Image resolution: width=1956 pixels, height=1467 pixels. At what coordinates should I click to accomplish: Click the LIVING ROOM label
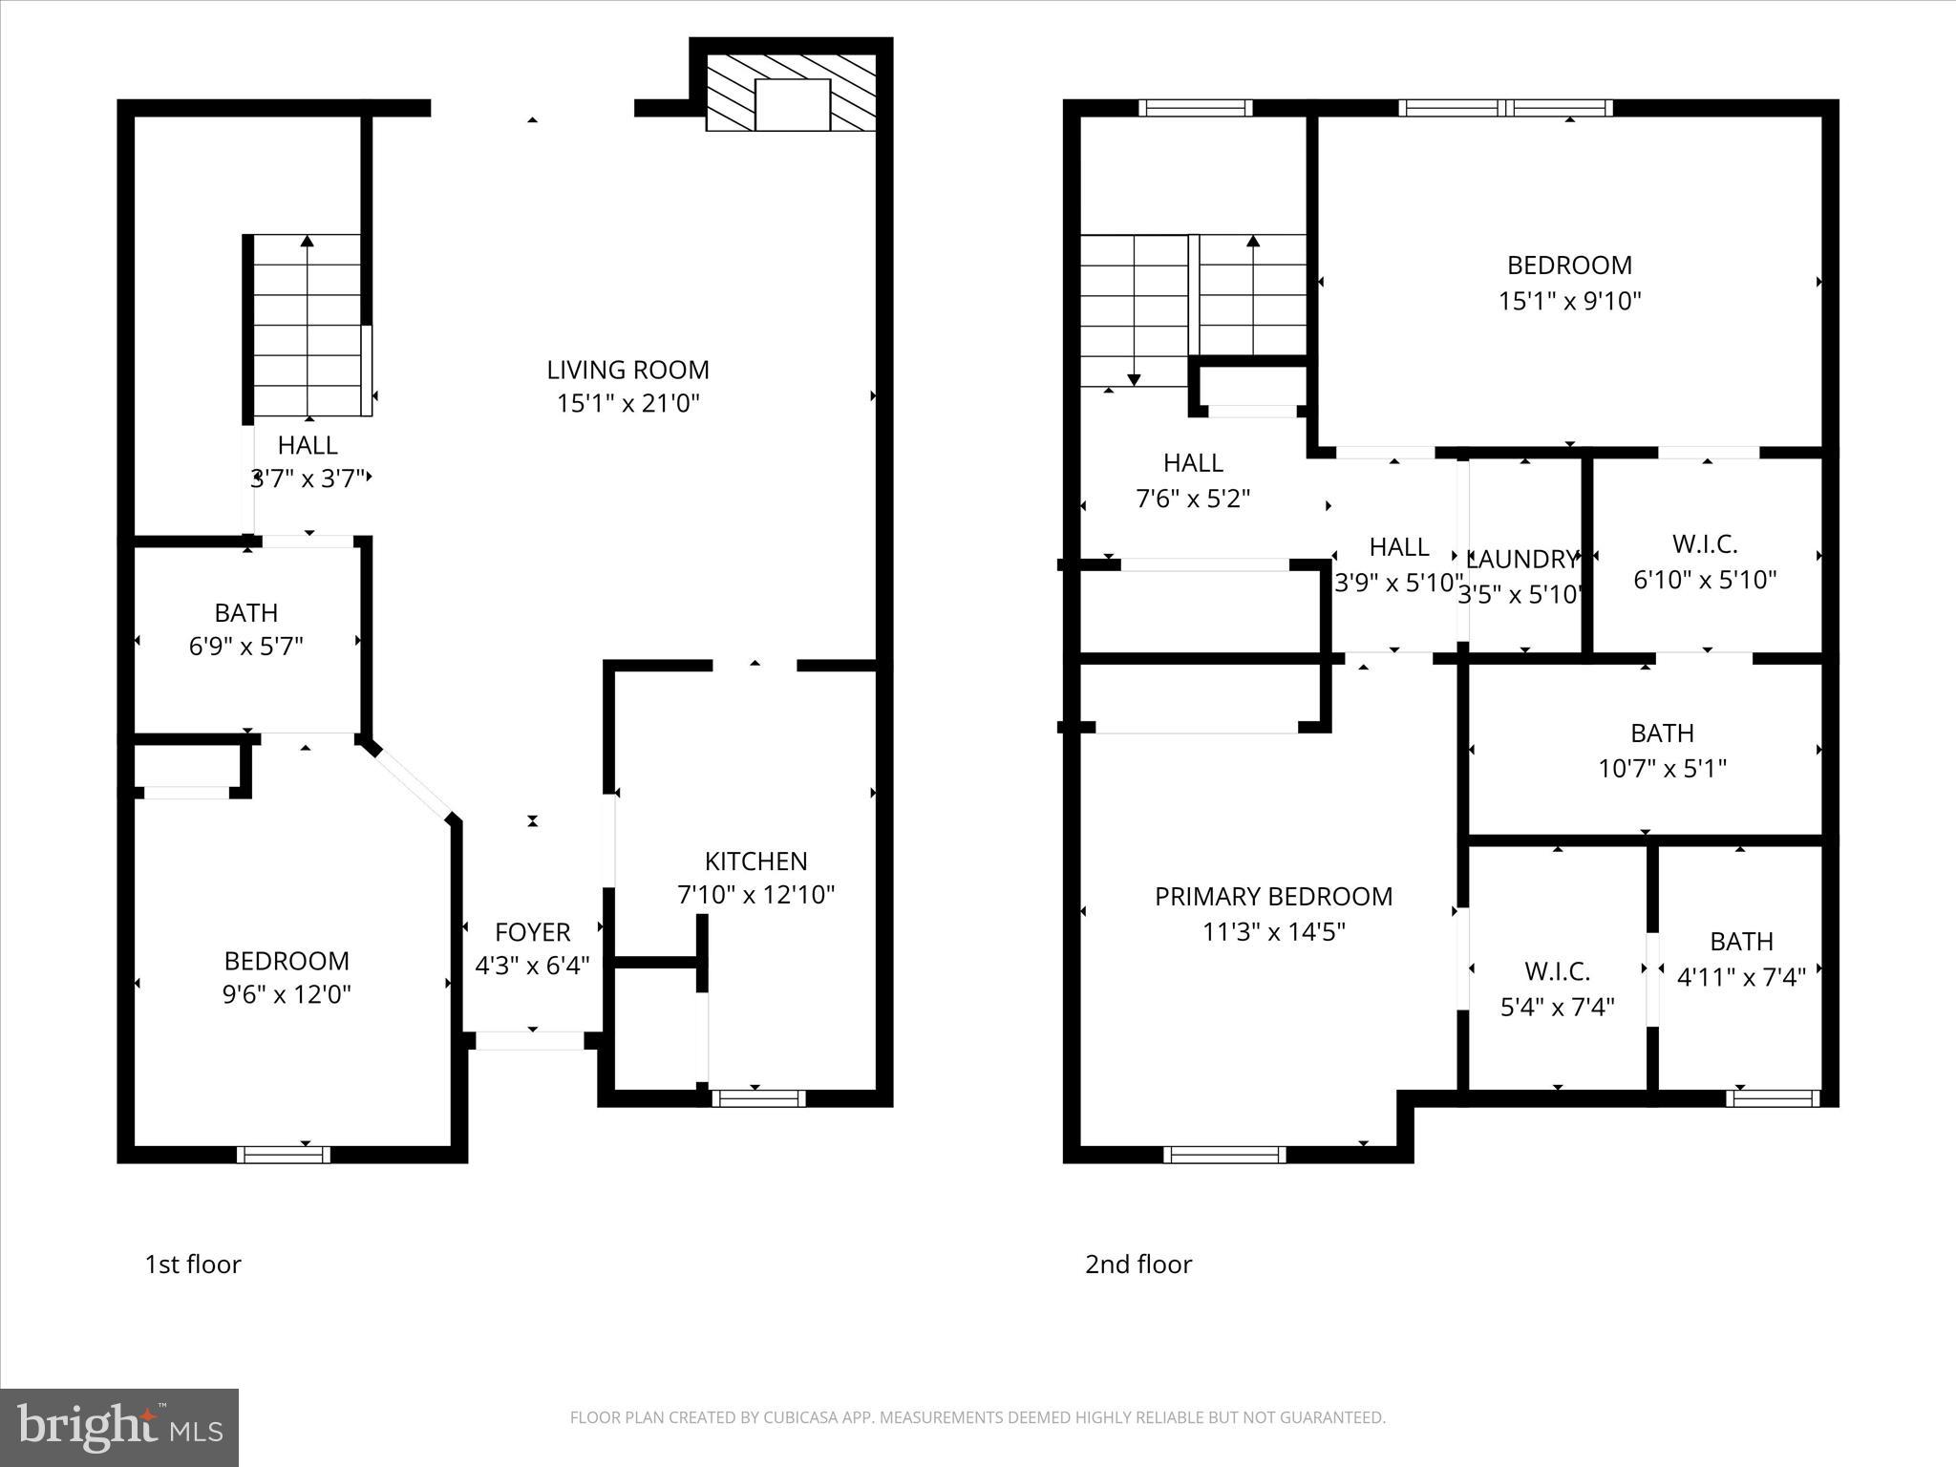(x=627, y=370)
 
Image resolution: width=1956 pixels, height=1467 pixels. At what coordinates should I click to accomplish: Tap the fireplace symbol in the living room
(x=791, y=94)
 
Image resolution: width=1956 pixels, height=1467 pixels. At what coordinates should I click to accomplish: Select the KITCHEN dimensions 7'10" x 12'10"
(x=755, y=895)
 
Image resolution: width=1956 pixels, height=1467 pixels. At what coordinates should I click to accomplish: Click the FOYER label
(x=532, y=931)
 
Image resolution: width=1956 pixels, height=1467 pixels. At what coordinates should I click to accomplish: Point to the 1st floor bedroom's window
(x=284, y=1155)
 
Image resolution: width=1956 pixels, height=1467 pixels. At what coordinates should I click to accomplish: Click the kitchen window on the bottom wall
(x=758, y=1098)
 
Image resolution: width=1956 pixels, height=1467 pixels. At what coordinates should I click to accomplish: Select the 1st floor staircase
(x=308, y=325)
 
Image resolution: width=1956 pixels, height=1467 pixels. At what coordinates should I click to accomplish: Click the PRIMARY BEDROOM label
(x=1273, y=896)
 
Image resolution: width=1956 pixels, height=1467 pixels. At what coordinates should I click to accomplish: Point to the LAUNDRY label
(x=1521, y=559)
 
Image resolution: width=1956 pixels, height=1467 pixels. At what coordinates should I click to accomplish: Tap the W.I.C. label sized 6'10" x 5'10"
(x=1705, y=562)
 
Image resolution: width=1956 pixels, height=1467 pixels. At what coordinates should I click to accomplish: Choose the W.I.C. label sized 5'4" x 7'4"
(x=1557, y=989)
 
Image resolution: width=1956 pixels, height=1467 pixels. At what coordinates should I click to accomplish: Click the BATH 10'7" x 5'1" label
(x=1662, y=750)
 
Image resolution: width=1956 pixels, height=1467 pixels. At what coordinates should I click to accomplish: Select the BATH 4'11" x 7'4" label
(x=1741, y=959)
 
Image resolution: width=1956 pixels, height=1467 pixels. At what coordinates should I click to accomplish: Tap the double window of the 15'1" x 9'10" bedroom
(x=1505, y=108)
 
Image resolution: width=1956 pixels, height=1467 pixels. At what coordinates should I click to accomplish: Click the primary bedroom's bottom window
(x=1224, y=1155)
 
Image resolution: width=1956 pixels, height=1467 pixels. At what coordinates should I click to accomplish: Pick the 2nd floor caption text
(x=1138, y=1265)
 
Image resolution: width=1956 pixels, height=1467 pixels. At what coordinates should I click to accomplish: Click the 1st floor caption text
(x=193, y=1265)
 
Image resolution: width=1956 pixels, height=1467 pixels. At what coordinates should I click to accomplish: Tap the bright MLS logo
(x=119, y=1427)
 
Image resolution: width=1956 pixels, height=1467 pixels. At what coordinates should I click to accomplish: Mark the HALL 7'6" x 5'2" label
(x=1193, y=480)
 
